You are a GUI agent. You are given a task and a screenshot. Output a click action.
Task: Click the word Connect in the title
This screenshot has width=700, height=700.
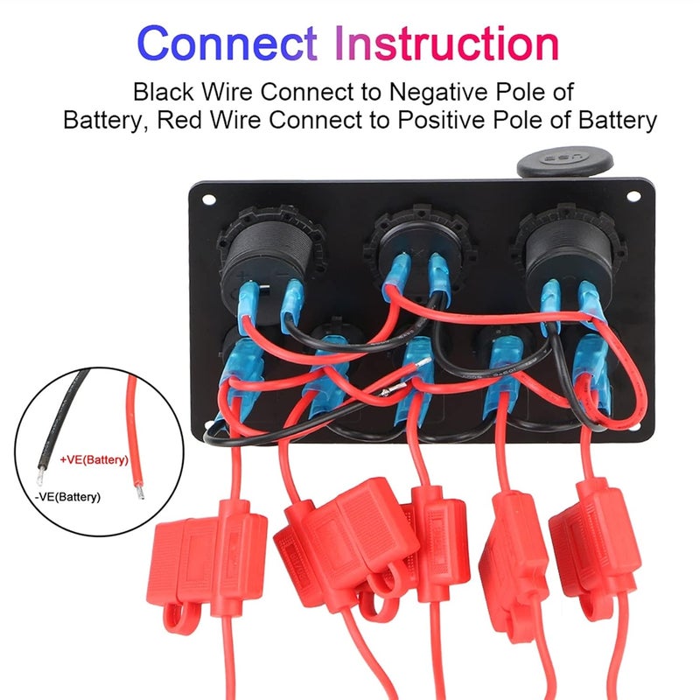click(x=227, y=42)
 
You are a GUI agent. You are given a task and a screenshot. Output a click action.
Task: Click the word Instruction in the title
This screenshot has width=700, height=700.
click(x=447, y=42)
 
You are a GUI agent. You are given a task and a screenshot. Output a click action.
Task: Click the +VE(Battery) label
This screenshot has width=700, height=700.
click(x=94, y=458)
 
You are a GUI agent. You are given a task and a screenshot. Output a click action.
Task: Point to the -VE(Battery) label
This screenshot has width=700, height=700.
click(x=68, y=497)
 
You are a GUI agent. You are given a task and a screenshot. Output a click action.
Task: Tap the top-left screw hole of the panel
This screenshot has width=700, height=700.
click(x=208, y=199)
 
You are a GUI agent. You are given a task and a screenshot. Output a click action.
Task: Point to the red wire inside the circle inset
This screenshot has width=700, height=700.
click(x=136, y=437)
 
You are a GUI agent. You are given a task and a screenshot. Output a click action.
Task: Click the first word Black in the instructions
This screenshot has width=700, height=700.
click(x=164, y=92)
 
